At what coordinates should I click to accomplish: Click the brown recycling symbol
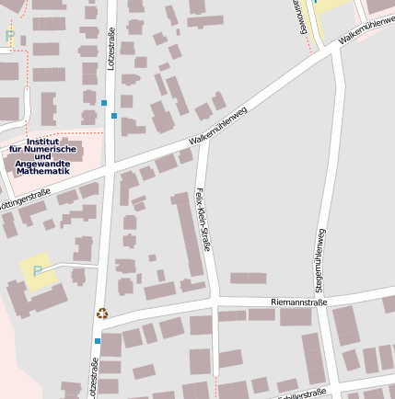pos(102,313)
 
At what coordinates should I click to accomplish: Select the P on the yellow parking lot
pos(38,271)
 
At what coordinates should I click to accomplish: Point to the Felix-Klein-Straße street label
pos(204,220)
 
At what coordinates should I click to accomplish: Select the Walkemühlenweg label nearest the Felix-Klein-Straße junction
pos(218,126)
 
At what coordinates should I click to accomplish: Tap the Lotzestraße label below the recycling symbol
pos(94,377)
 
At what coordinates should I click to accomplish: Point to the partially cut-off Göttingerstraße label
pos(25,199)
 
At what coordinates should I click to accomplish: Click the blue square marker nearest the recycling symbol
pos(98,340)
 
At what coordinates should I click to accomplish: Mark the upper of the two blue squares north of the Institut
pos(104,102)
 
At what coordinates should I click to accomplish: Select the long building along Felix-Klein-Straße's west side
pos(187,234)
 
